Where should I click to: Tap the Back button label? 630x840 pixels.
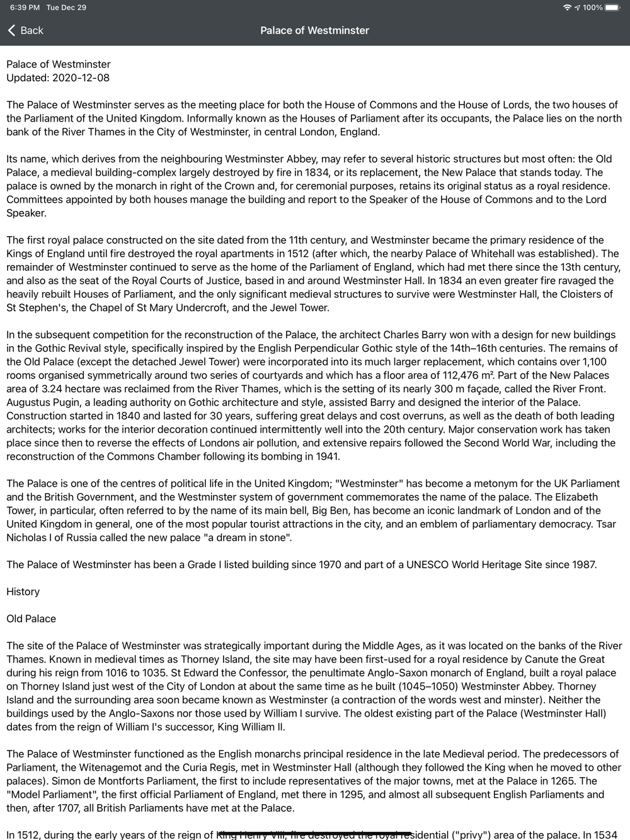click(x=31, y=30)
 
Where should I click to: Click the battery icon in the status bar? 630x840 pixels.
click(x=612, y=8)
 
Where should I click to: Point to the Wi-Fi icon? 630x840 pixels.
click(x=567, y=8)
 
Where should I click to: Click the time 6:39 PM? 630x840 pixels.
click(x=25, y=8)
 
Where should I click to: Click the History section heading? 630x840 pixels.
click(x=23, y=592)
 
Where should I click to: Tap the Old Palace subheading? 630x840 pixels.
click(x=31, y=619)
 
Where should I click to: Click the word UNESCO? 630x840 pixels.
click(x=427, y=565)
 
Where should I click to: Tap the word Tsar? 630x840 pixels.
click(x=605, y=525)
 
